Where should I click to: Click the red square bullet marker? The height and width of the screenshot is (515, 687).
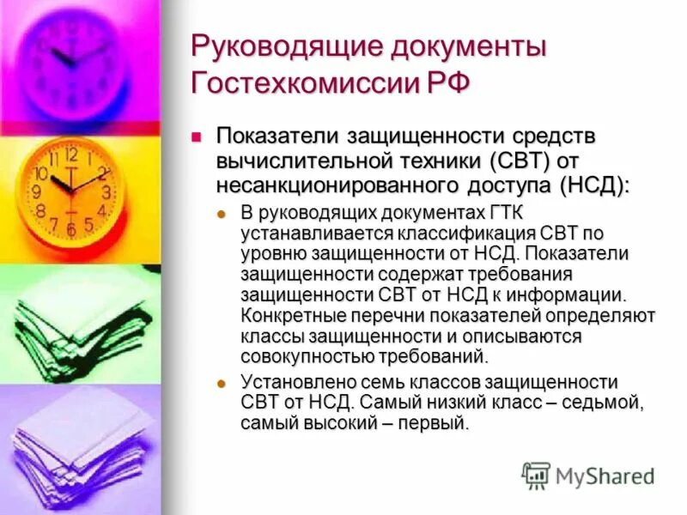pos(197,136)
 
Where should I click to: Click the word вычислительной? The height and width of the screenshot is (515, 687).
pos(295,161)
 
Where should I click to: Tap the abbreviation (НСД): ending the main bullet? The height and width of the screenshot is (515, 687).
pos(593,185)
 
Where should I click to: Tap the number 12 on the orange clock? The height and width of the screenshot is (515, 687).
pos(70,155)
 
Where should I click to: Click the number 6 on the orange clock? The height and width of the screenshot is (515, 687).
pos(70,230)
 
